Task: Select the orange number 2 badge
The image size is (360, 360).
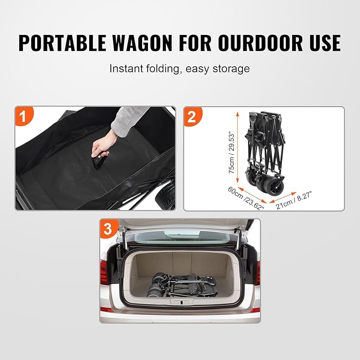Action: click(x=193, y=116)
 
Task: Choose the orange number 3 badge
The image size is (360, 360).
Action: click(x=109, y=229)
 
